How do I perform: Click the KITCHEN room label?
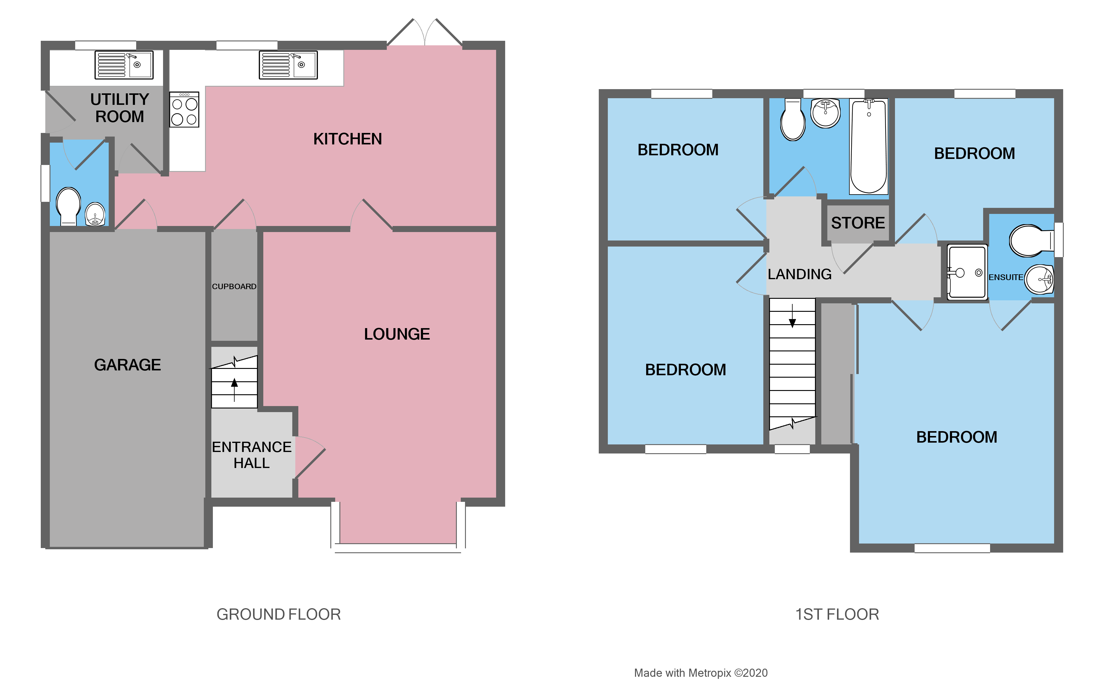pos(347,139)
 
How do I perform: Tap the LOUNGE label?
pos(397,334)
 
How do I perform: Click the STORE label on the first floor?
pos(858,223)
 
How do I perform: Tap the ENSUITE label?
pos(1005,277)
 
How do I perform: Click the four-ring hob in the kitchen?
pos(184,110)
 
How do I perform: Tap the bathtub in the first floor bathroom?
pos(868,146)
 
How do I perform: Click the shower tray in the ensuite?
pos(967,272)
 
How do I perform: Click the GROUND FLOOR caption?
pos(278,615)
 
